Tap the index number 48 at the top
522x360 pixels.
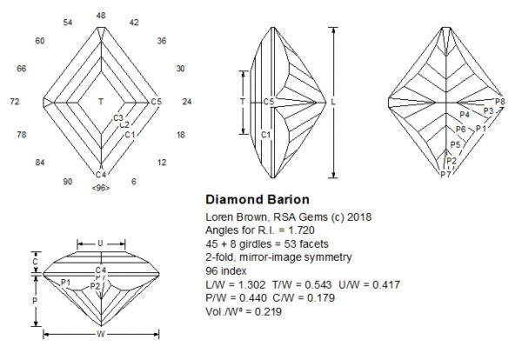click(101, 16)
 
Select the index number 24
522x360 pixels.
click(187, 102)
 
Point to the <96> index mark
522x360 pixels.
click(101, 188)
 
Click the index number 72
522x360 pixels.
click(15, 102)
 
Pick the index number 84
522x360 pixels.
click(39, 163)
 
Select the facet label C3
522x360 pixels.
click(119, 117)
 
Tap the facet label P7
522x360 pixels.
click(445, 175)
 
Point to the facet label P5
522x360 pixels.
click(455, 144)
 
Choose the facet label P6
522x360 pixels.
click(461, 129)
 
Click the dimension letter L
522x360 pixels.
click(336, 102)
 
